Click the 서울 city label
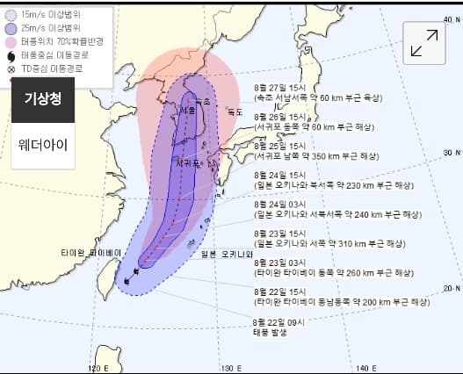click(x=186, y=111)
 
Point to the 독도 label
click(x=234, y=111)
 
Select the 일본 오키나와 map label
click(x=226, y=255)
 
